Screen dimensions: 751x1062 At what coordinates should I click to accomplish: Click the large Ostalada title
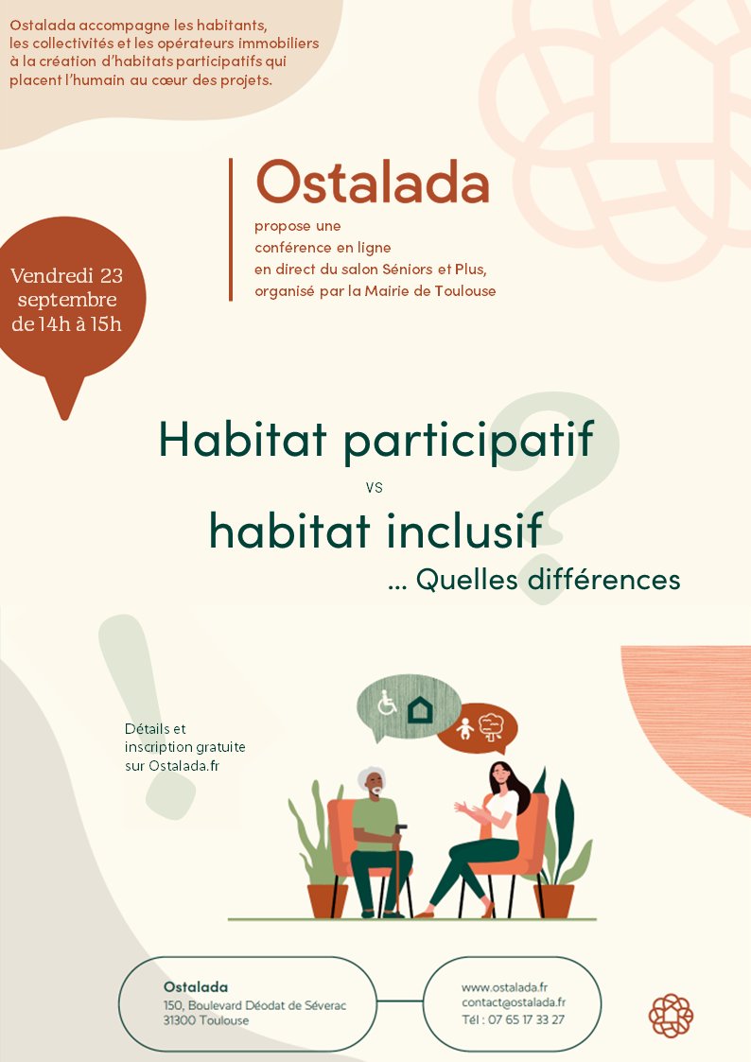click(x=373, y=183)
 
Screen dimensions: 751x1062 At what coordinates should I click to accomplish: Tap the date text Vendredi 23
click(x=66, y=275)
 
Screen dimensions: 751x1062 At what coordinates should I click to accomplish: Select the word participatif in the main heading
click(x=468, y=441)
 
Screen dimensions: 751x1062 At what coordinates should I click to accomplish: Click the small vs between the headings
click(x=374, y=487)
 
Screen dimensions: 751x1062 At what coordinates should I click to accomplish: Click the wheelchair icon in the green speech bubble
click(x=387, y=703)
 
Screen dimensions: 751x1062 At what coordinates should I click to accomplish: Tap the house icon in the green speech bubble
click(x=420, y=709)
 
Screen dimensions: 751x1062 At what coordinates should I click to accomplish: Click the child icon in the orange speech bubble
click(x=464, y=729)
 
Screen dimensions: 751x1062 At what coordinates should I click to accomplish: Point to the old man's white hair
click(x=371, y=776)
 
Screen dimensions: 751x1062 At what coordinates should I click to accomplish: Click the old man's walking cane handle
click(x=401, y=828)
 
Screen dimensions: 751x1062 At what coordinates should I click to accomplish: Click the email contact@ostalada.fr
click(x=514, y=1002)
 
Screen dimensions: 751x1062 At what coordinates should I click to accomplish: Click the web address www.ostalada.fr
click(x=504, y=987)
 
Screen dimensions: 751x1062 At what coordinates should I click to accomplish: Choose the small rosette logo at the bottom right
click(x=671, y=1016)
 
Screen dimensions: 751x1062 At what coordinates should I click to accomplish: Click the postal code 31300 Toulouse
click(x=206, y=1020)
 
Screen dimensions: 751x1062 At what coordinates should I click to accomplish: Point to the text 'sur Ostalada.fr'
click(x=172, y=766)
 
